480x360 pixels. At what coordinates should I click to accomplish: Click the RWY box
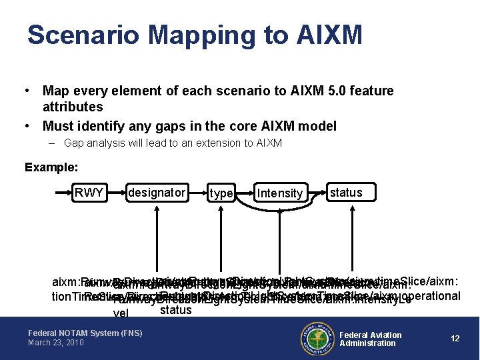pos(89,193)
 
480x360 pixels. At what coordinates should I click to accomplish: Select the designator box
pos(157,193)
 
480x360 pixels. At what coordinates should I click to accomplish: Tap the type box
pos(221,193)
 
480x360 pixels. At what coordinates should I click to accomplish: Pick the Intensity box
pos(280,193)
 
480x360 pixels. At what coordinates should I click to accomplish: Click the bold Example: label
pos(51,167)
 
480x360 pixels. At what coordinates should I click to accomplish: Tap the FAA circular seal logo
pos(317,338)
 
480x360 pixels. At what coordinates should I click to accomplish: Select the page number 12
pos(455,339)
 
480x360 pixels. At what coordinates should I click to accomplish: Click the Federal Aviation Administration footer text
pos(371,339)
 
